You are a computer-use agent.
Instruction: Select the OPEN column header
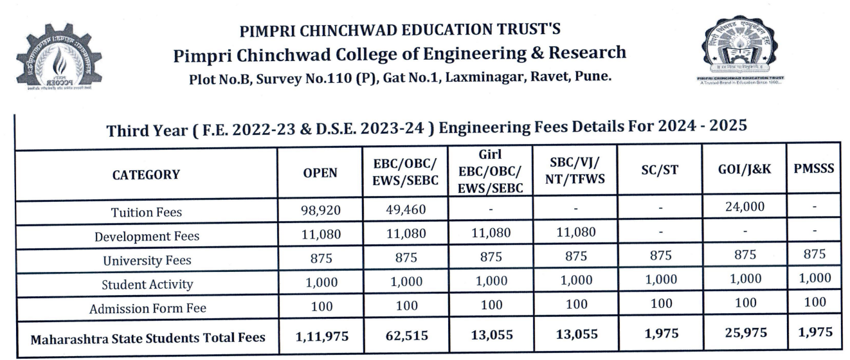(x=320, y=174)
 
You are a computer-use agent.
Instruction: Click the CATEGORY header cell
(x=147, y=175)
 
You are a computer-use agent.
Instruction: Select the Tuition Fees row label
(x=147, y=212)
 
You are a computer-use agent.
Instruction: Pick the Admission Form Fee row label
(x=147, y=309)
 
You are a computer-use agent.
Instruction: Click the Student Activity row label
(x=147, y=284)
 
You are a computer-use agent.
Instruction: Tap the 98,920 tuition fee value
(x=320, y=210)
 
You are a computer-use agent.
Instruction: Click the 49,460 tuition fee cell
(x=406, y=209)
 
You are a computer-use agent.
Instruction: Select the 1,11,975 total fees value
(x=320, y=336)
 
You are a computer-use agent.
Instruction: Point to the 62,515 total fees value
(x=406, y=335)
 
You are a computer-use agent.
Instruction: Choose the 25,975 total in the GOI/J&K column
(x=745, y=334)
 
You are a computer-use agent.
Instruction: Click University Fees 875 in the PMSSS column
(x=813, y=254)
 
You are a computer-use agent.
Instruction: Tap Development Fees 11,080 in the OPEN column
(x=320, y=235)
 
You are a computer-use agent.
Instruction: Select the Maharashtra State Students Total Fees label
(x=147, y=337)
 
